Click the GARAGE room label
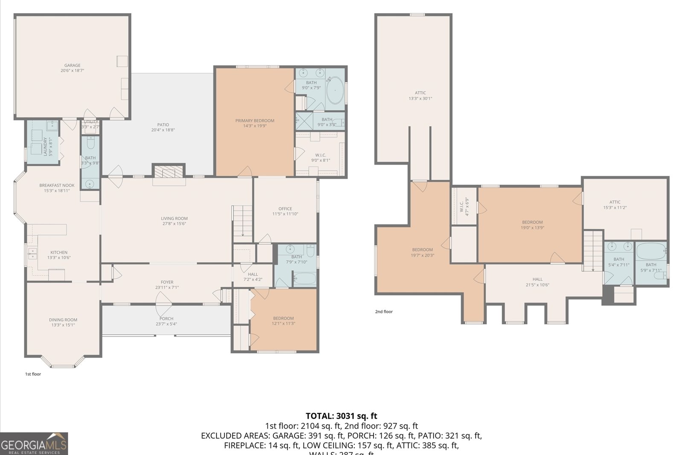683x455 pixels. (72, 68)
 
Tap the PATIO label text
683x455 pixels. (163, 127)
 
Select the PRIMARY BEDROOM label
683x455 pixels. (255, 123)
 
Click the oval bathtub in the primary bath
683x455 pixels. (335, 90)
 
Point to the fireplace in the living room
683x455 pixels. (169, 172)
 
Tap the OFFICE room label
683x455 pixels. (285, 211)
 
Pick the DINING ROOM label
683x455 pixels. (63, 322)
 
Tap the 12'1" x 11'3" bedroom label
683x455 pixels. (283, 321)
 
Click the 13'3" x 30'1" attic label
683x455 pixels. (420, 95)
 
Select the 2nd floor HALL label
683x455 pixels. (537, 282)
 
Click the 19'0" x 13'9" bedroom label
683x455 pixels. (532, 225)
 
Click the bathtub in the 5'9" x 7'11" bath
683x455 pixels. (651, 251)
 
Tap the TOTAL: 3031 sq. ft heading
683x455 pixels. (341, 416)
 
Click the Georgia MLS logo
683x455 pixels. (34, 444)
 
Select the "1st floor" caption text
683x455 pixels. (33, 374)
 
